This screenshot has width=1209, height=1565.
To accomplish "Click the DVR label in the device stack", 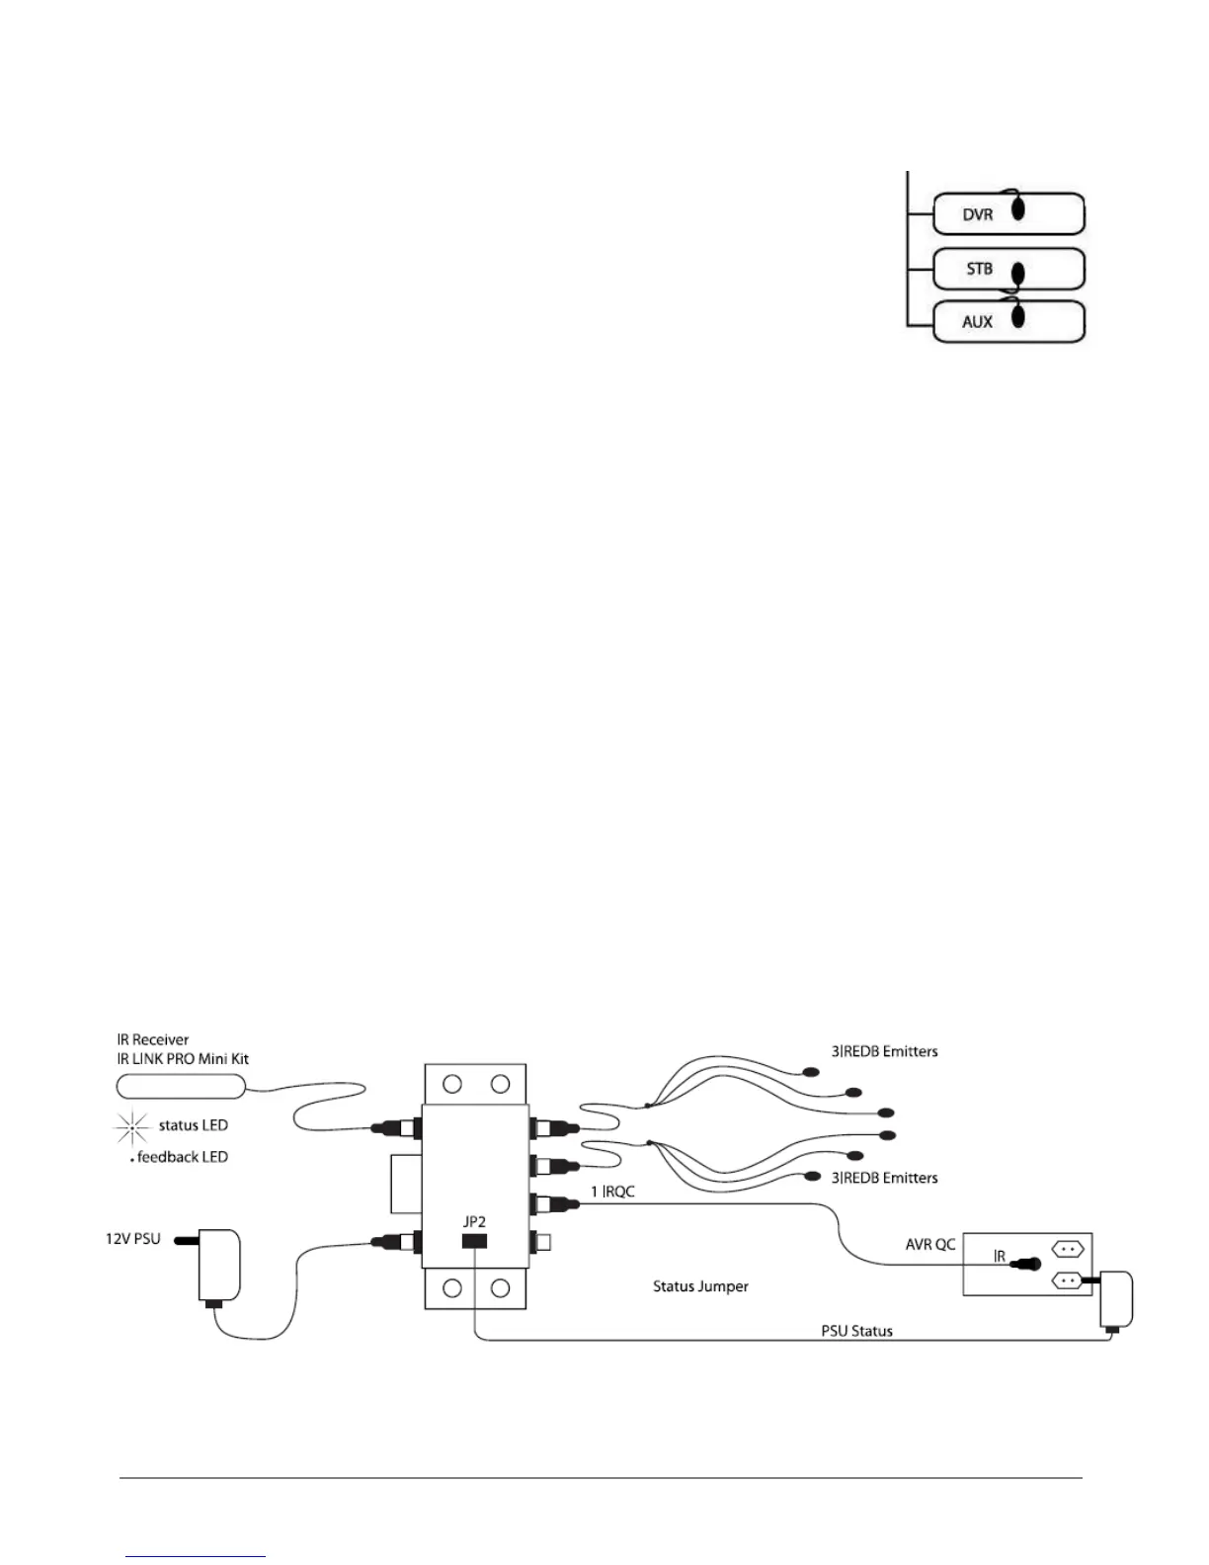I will (977, 214).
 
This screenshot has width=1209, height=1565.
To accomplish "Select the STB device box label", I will (979, 269).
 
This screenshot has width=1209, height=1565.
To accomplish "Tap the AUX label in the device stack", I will (977, 322).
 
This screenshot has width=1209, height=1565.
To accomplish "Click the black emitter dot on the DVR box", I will (1019, 210).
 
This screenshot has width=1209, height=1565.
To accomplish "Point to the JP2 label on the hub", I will (474, 1222).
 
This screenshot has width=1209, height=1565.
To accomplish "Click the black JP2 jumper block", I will (475, 1240).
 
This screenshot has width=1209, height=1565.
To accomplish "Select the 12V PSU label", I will (132, 1239).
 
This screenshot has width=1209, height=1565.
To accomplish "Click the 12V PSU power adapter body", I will (218, 1265).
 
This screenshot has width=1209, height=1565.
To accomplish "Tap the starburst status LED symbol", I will (131, 1126).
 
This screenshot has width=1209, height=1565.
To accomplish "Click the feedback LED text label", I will (182, 1157).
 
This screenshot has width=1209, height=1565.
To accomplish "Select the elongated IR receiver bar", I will (180, 1087).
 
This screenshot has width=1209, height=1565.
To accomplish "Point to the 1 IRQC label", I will (612, 1192).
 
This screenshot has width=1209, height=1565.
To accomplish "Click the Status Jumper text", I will (700, 1286).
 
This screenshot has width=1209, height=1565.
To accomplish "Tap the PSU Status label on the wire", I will (856, 1331).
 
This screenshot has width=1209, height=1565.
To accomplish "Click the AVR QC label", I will (930, 1244).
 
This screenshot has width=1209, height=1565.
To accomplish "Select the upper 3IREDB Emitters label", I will (884, 1051).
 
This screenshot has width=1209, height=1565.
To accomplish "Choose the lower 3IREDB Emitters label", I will (884, 1178).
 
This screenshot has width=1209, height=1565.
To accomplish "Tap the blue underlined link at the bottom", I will (196, 1556).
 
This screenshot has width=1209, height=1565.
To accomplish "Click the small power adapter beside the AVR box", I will (1116, 1299).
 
